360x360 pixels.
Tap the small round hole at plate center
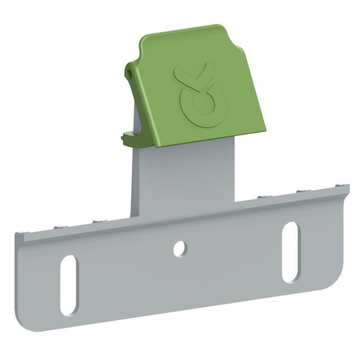click(180, 247)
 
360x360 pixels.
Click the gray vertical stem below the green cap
click(182, 180)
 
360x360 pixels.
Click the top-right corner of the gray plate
click(347, 184)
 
